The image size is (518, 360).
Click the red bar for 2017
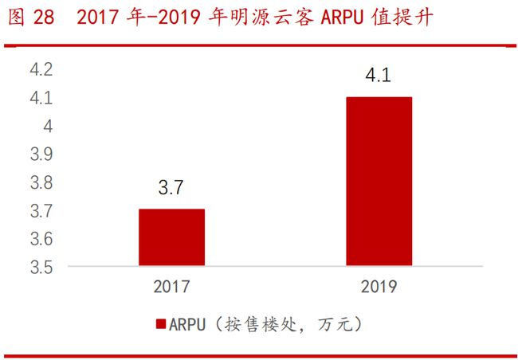tap(171, 237)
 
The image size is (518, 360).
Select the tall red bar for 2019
tap(379, 182)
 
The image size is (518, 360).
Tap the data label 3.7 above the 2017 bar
tap(171, 190)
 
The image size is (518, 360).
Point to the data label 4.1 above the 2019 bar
tap(379, 77)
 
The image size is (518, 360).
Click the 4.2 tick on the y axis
tap(41, 70)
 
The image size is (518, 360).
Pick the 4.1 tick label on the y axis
tap(41, 99)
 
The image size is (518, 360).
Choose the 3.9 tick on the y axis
tap(41, 155)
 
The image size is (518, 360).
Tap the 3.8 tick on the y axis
tap(41, 183)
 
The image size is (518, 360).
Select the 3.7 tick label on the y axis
tap(41, 211)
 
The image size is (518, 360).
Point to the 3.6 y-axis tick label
tap(41, 239)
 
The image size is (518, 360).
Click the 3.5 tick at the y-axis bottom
tap(41, 268)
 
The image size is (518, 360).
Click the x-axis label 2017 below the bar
tap(171, 286)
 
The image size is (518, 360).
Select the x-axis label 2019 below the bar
tap(379, 286)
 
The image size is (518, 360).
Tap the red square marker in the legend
tap(160, 324)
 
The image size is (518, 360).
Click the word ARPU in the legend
tap(187, 324)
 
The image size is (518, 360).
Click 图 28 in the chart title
tap(32, 18)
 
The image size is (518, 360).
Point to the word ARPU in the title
tap(343, 18)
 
